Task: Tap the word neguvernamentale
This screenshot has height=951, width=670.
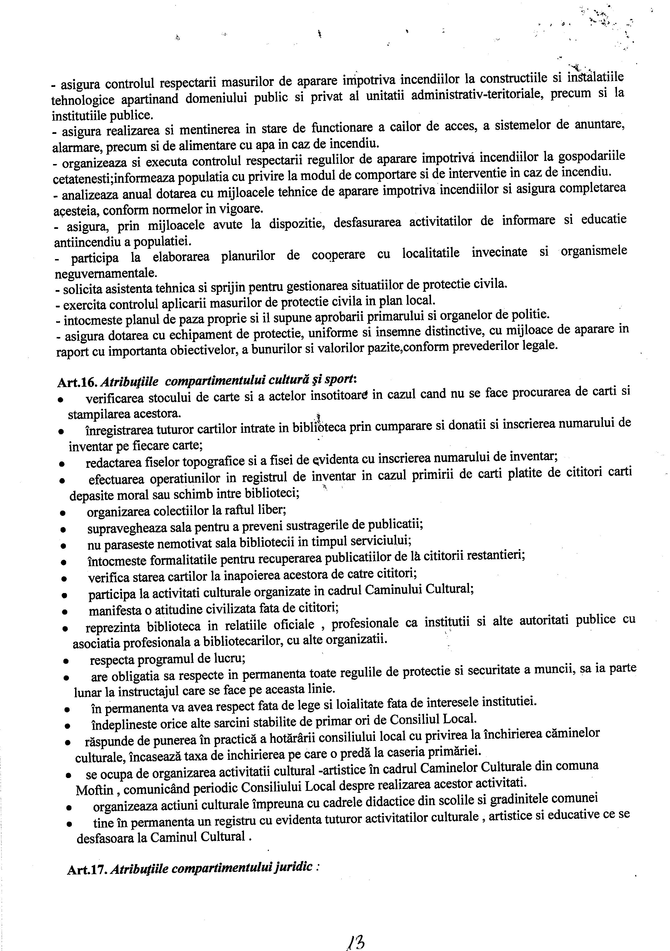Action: point(106,274)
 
